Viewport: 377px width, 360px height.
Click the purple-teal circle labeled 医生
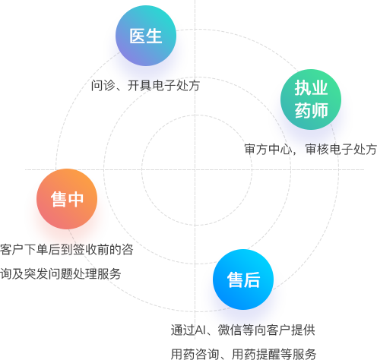146,36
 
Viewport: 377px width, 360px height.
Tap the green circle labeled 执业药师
311,99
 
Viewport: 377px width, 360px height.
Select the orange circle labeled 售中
67,199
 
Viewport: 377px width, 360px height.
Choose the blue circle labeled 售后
243,279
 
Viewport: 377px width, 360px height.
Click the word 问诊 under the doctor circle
103,85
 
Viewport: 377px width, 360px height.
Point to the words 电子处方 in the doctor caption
176,85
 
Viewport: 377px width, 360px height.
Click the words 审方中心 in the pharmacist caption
268,149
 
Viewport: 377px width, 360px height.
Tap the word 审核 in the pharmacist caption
317,149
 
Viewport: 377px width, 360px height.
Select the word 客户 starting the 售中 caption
12,250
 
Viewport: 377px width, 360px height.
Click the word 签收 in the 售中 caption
85,250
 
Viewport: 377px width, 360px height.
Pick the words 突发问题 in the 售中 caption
49,273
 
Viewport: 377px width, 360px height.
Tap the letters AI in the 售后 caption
201,330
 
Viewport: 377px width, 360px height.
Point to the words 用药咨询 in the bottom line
195,354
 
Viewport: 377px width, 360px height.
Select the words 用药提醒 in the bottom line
255,354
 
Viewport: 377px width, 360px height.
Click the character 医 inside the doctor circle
138,36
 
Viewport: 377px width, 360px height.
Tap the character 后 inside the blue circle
252,279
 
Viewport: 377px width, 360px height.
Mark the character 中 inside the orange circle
75,199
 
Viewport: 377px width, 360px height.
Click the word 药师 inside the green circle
311,110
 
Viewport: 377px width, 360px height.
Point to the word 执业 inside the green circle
311,88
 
